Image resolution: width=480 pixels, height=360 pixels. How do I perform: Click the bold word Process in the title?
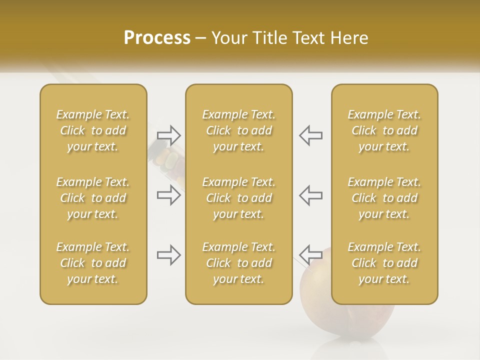tap(157, 38)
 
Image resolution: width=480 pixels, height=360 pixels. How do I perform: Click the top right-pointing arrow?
tap(169, 135)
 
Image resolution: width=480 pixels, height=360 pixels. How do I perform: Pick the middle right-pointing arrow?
tap(169, 195)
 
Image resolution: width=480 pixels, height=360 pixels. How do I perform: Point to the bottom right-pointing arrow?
tap(169, 255)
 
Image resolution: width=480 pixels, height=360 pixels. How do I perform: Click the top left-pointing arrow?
tap(310, 135)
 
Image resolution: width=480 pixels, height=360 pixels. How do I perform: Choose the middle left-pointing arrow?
tap(310, 195)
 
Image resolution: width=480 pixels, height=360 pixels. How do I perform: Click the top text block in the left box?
tap(93, 130)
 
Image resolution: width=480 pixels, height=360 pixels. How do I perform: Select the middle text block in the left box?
tap(93, 198)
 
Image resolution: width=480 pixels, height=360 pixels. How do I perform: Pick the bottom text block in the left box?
tap(93, 263)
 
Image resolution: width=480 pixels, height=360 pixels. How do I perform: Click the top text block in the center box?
tap(238, 130)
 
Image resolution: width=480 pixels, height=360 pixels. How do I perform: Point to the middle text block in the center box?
tap(238, 198)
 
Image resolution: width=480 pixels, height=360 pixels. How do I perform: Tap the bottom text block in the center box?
tap(238, 263)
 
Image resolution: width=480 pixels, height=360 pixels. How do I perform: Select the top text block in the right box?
tap(384, 130)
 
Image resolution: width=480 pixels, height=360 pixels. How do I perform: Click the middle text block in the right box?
tap(384, 198)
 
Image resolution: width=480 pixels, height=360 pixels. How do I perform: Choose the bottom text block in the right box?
tap(384, 263)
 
